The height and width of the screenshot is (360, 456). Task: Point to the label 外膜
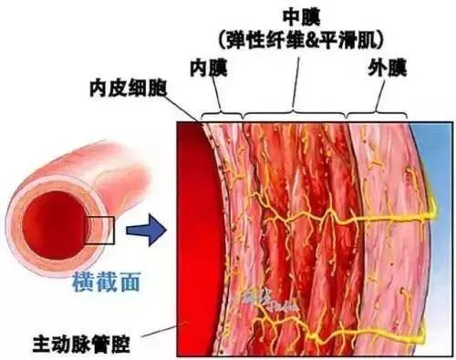(385, 67)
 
